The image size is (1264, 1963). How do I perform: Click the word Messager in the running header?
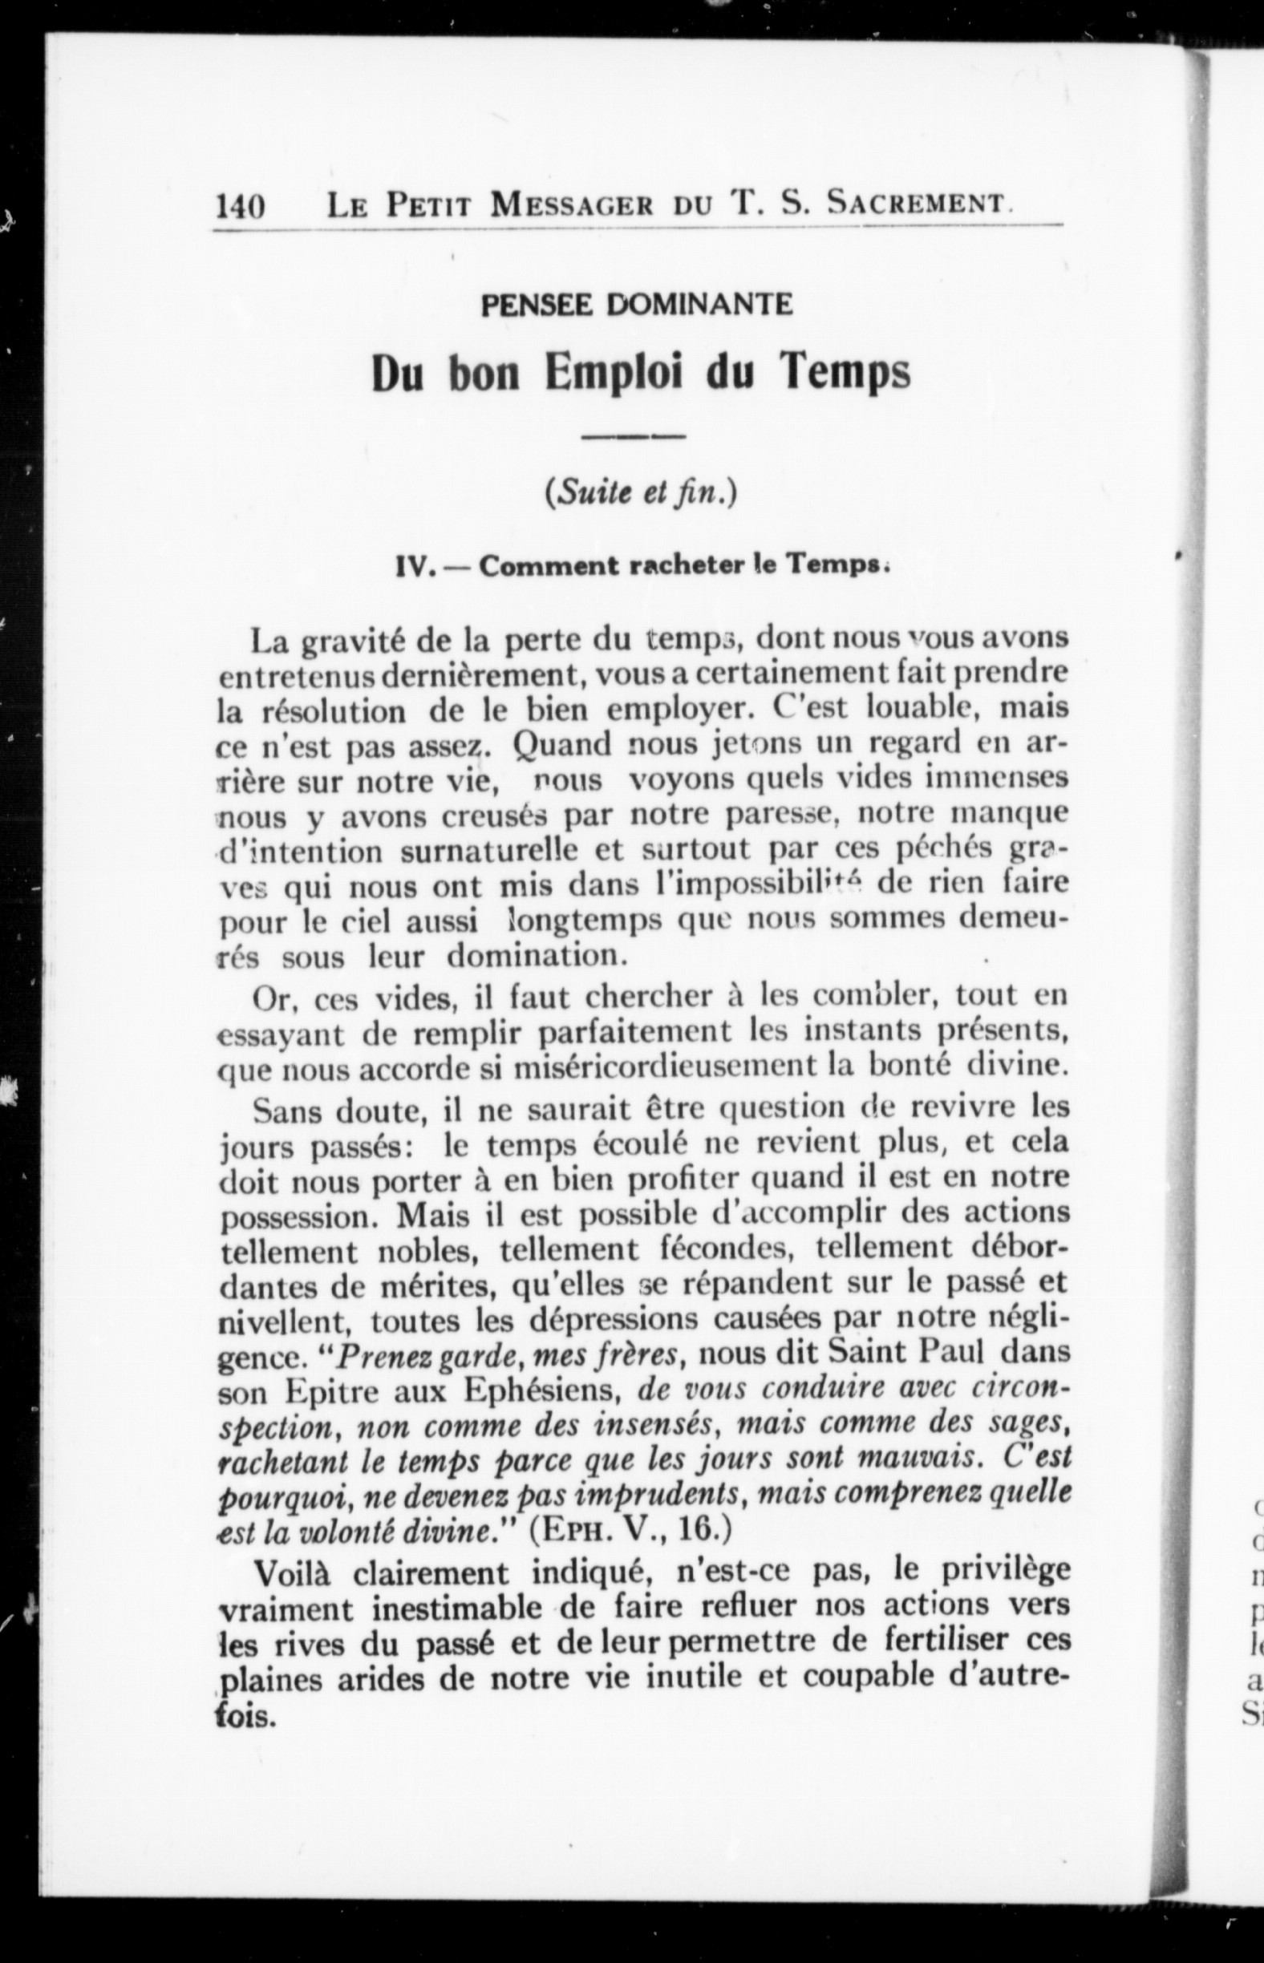pos(571,204)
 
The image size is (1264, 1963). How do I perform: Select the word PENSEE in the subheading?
pos(537,306)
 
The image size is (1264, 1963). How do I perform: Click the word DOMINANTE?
pos(699,306)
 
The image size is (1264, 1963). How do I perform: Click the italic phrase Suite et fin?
pos(638,494)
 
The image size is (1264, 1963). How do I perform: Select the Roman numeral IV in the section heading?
pos(414,566)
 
